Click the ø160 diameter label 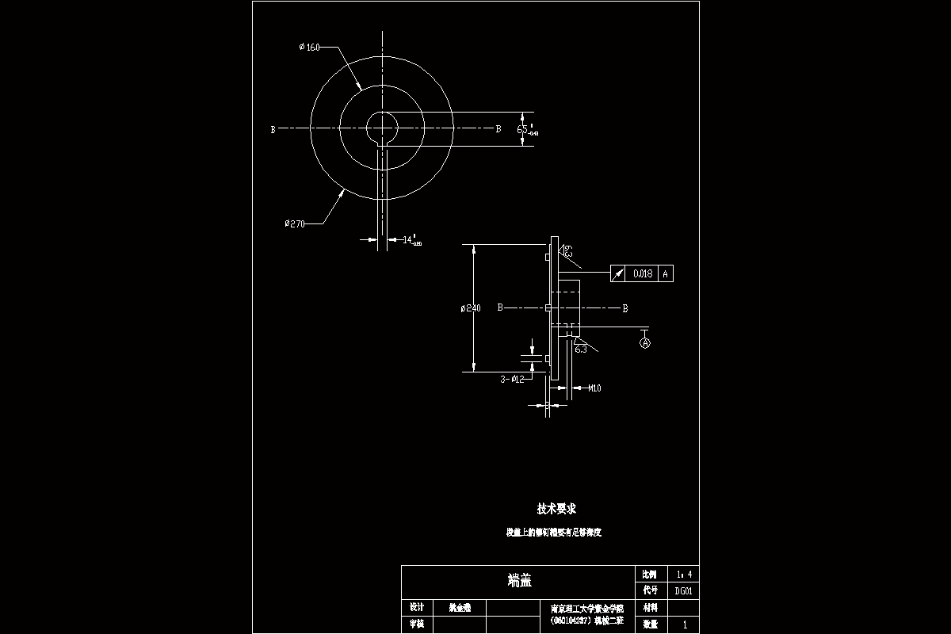309,48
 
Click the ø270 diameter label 295,224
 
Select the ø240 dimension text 471,307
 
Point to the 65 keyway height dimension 525,128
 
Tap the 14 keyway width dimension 411,239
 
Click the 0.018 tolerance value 643,274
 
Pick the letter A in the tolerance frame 666,274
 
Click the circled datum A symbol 645,343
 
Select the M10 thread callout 594,388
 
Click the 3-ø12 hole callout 512,380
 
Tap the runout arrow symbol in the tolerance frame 618,274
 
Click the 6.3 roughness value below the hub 581,349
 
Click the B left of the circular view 273,129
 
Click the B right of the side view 624,308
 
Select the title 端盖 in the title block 519,581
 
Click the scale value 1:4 684,574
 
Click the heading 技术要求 557,509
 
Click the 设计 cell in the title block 417,607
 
